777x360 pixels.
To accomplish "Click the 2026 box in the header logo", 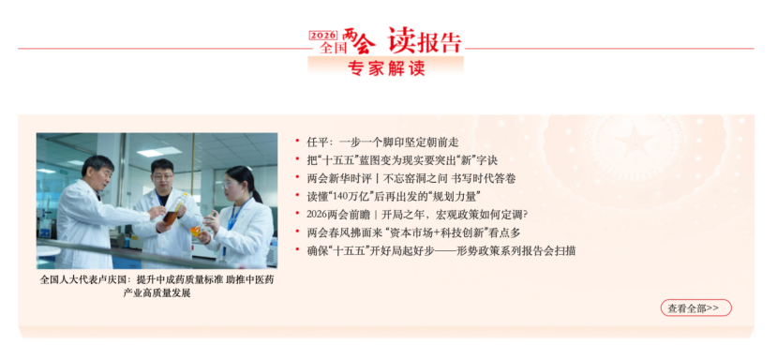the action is tap(323, 36).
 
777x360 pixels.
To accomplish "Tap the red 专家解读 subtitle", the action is tap(386, 68).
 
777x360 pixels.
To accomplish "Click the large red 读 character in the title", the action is tap(402, 40).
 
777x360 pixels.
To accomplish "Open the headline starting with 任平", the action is tap(383, 142).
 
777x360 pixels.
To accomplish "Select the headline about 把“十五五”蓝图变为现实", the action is tap(402, 160).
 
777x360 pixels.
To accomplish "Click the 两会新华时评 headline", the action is tap(411, 178).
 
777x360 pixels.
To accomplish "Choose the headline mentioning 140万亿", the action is tap(395, 196).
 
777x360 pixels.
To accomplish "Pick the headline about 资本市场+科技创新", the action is tap(413, 232).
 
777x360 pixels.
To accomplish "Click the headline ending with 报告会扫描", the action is tap(441, 251).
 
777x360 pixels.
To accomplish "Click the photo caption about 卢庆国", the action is tap(157, 286).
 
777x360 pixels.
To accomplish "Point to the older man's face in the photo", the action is tap(100, 174).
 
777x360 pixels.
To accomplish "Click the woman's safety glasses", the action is tap(229, 185).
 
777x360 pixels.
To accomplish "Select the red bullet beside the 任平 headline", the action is tap(297, 142).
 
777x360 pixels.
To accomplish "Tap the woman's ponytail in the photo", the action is tap(255, 191).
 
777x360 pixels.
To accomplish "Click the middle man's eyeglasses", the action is tap(162, 175).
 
